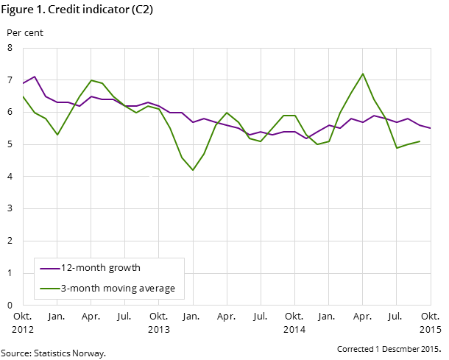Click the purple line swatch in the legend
pyautogui.click(x=50, y=269)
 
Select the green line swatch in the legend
pyautogui.click(x=50, y=288)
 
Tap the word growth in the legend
pyautogui.click(x=123, y=268)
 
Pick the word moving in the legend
pyautogui.click(x=117, y=288)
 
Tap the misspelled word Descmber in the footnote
pyautogui.click(x=401, y=348)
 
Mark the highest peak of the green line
pyautogui.click(x=363, y=74)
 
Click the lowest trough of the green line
pyautogui.click(x=193, y=170)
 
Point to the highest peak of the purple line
pyautogui.click(x=35, y=77)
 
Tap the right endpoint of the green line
pyautogui.click(x=420, y=141)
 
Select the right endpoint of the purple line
pyautogui.click(x=431, y=128)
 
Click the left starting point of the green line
pyautogui.click(x=24, y=96)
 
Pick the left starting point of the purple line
pyautogui.click(x=24, y=83)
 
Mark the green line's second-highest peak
pyautogui.click(x=91, y=80)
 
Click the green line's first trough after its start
pyautogui.click(x=57, y=135)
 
